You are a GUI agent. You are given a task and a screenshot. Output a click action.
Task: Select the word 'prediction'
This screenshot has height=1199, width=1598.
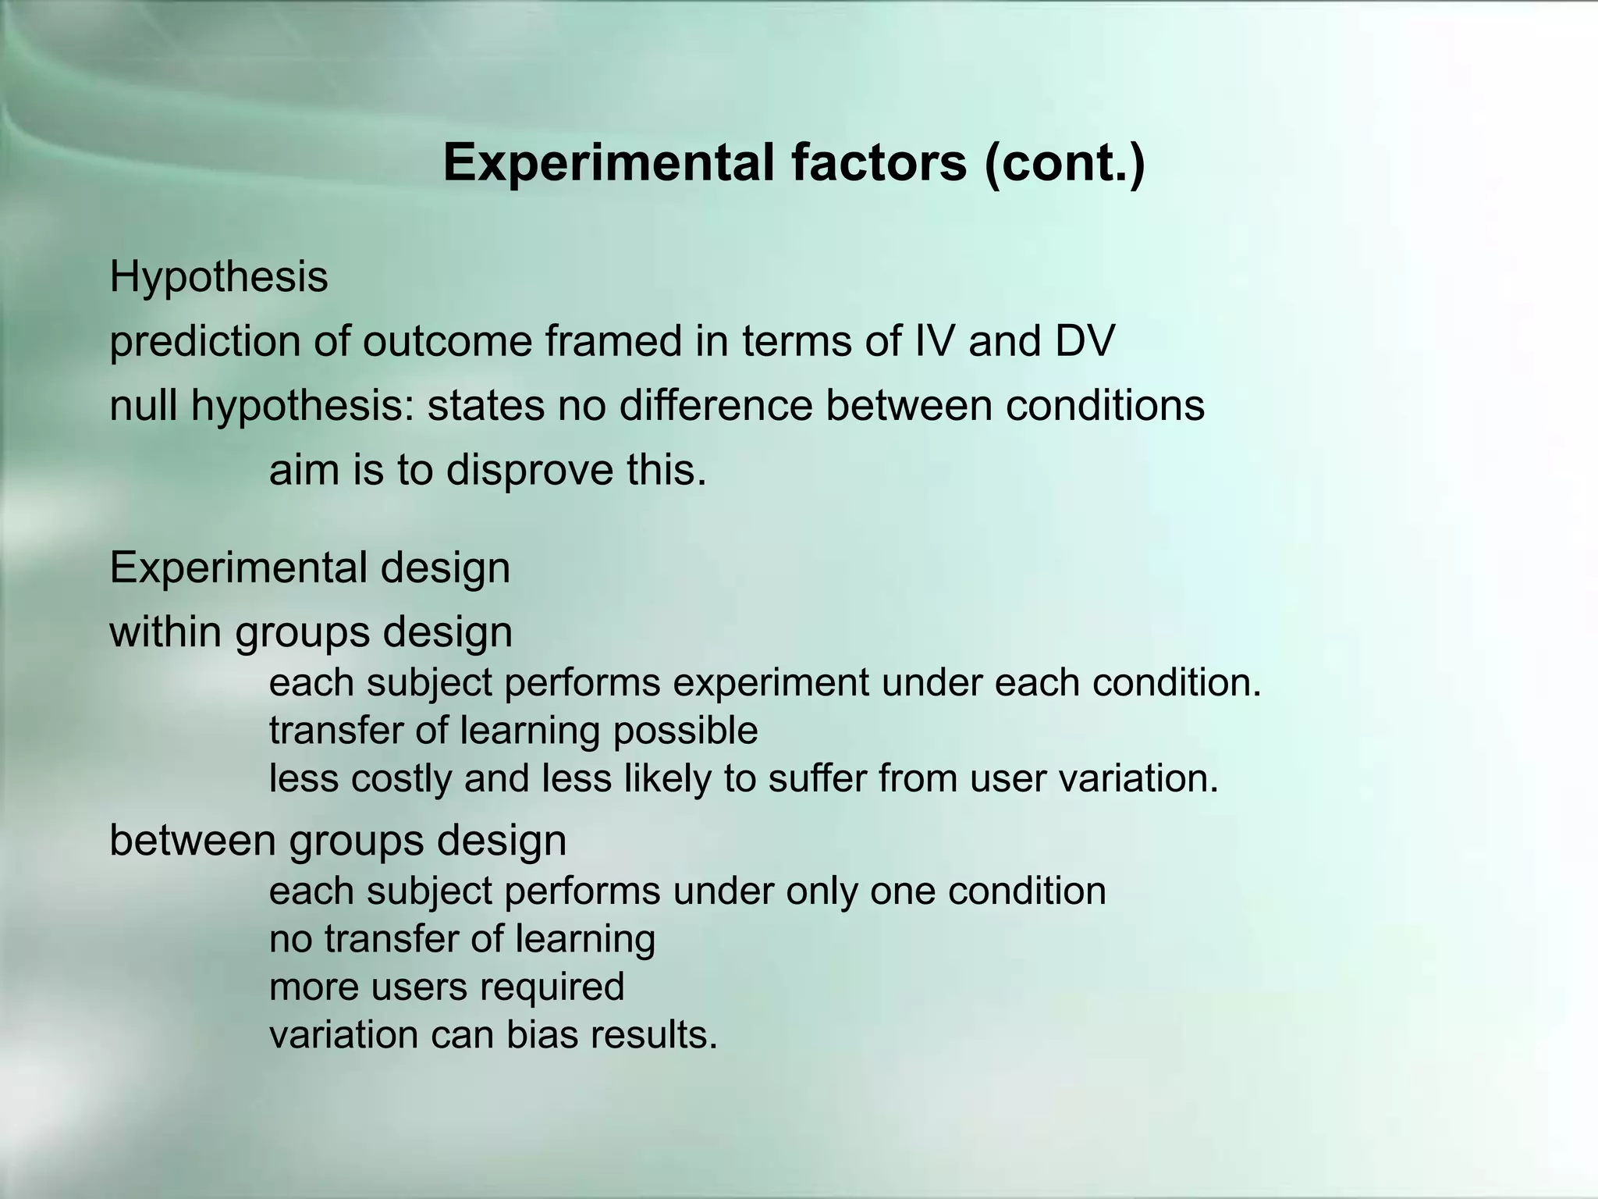pyautogui.click(x=204, y=342)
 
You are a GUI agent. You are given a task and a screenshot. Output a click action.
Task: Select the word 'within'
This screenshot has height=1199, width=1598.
pyautogui.click(x=165, y=632)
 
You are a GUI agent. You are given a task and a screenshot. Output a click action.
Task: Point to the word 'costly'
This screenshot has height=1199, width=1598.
pyautogui.click(x=401, y=778)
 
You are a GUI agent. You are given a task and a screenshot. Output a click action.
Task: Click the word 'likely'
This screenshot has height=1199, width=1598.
pyautogui.click(x=667, y=778)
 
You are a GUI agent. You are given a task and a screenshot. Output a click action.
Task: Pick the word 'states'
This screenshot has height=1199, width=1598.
pyautogui.click(x=485, y=406)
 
